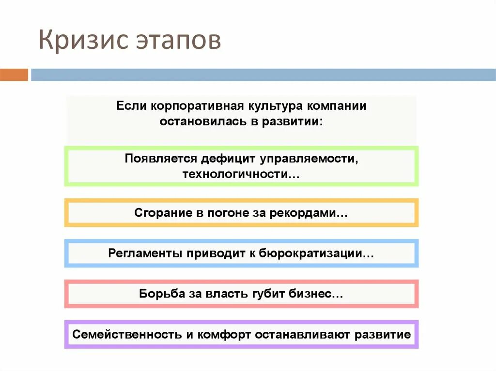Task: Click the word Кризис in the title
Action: (78, 40)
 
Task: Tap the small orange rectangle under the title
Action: (14, 75)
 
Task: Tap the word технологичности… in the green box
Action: (241, 174)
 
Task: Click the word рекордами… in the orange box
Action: (318, 213)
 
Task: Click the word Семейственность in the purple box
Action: (127, 334)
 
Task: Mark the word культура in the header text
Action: (277, 106)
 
